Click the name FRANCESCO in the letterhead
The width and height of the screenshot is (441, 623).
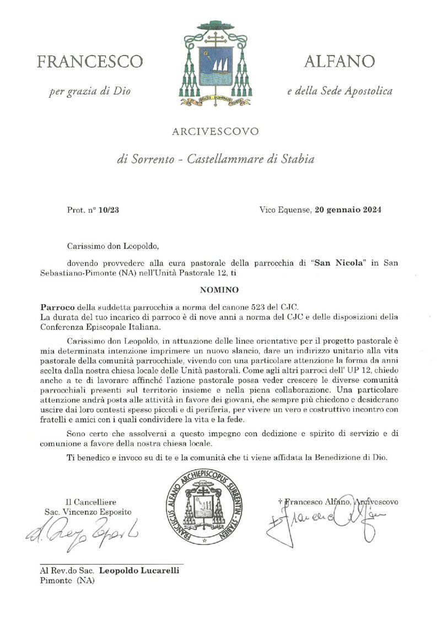(x=89, y=61)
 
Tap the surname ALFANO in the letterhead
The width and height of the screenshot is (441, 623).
(x=340, y=61)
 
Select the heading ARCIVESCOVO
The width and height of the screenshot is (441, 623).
(x=215, y=132)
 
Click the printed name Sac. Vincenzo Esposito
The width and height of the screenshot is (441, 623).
(x=84, y=511)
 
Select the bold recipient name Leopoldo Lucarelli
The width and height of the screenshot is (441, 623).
(x=139, y=571)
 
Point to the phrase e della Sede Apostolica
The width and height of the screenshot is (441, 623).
(x=340, y=91)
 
